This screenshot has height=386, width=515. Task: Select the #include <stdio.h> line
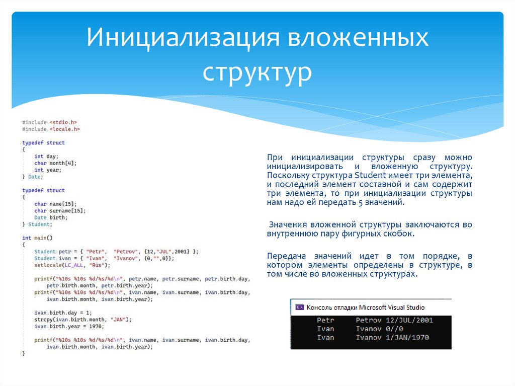50,122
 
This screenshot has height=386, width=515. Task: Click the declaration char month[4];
55,163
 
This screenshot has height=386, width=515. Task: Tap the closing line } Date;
33,177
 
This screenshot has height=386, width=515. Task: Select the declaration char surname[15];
60,211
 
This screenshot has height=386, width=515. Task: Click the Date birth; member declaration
50,217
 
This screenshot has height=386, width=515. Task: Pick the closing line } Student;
36,224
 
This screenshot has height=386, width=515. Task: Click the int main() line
37,238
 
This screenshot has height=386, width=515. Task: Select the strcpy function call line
82,319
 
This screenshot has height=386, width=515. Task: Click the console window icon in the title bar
299,307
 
